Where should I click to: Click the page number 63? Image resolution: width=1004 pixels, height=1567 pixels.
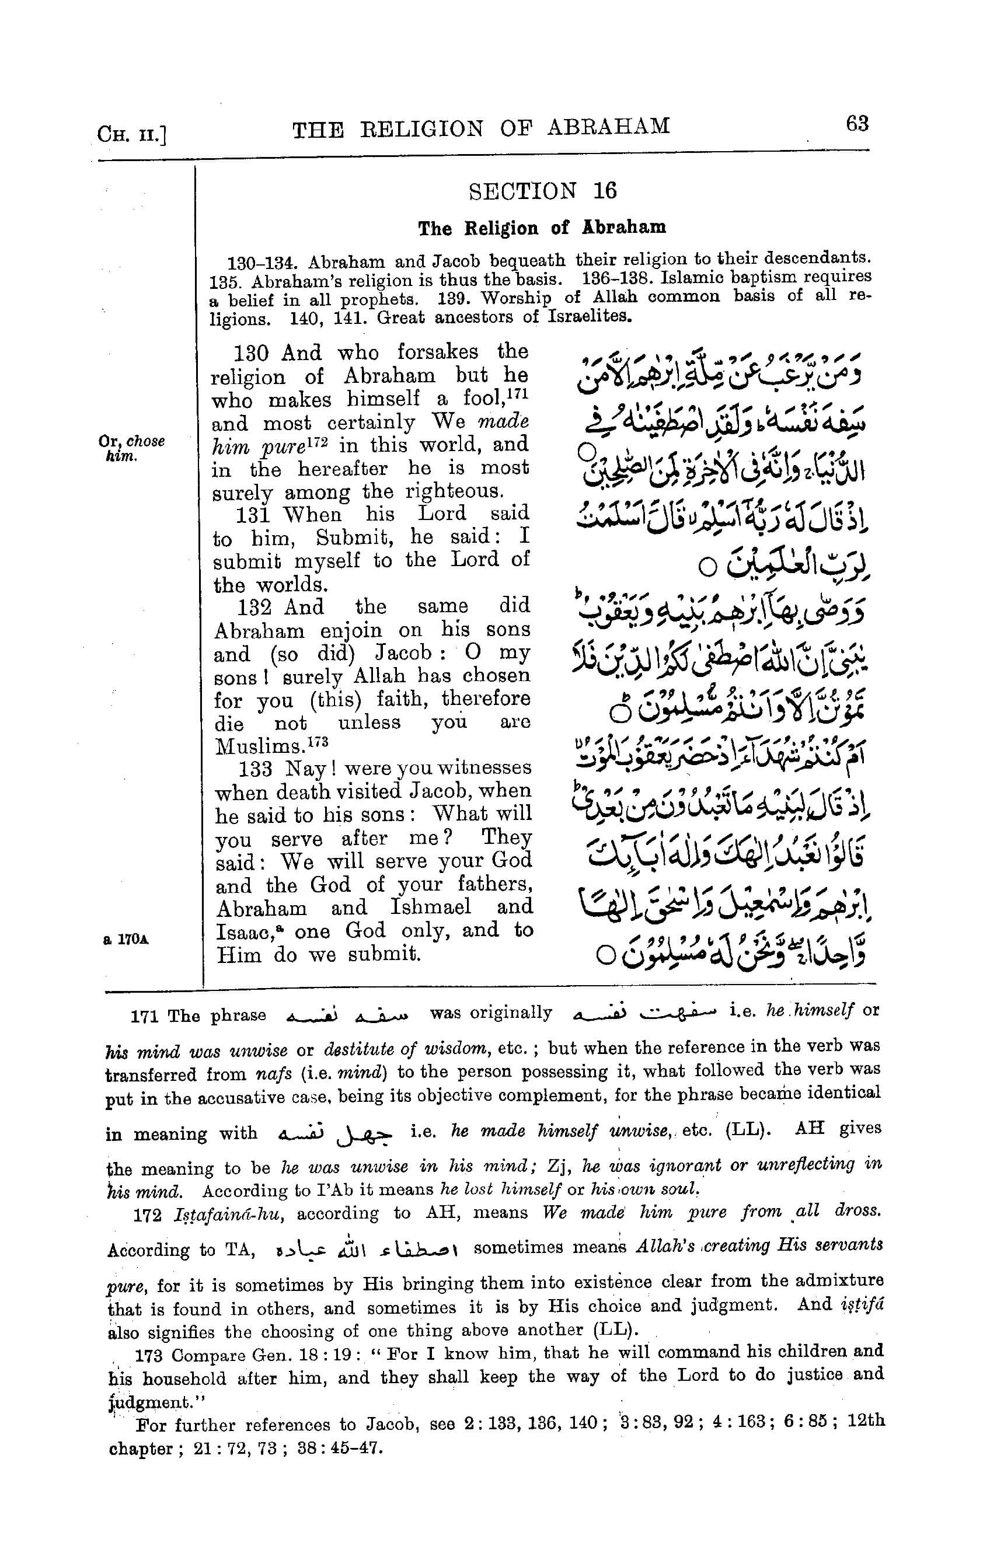pos(857,123)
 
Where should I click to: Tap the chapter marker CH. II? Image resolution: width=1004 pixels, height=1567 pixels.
pos(132,134)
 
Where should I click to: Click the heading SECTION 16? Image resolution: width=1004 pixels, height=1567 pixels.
pos(542,191)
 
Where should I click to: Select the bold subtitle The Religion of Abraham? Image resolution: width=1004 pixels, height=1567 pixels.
pos(542,228)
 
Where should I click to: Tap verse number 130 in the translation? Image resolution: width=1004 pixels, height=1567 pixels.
pos(251,353)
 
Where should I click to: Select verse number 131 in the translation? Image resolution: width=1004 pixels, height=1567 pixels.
pos(252,515)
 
